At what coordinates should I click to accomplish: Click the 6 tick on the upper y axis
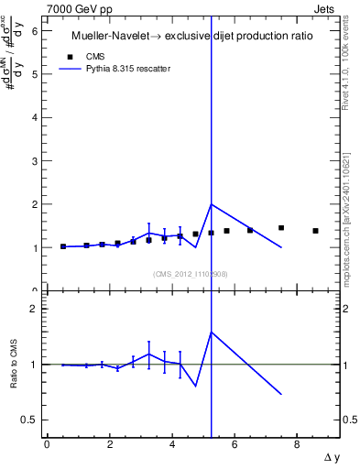[x=34, y=31]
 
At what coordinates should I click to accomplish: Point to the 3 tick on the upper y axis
[x=34, y=161]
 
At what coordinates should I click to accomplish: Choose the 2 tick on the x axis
[x=109, y=444]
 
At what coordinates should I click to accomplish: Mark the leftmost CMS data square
[x=63, y=246]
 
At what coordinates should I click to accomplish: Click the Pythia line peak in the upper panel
[x=212, y=204]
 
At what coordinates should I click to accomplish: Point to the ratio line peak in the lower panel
[x=212, y=332]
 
